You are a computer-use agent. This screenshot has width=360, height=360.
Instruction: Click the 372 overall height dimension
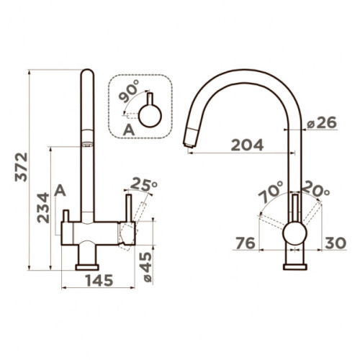pos(22,167)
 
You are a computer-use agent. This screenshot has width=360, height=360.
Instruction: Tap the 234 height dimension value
pos(43,207)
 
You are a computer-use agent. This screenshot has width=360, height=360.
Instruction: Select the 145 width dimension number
pos(99,280)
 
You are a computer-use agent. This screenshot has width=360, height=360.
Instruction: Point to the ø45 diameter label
pos(145,267)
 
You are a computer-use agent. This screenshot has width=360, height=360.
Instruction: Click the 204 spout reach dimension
pos(247,145)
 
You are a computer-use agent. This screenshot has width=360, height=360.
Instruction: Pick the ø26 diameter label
pos(322,123)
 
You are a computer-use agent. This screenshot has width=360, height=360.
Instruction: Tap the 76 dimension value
pos(246,243)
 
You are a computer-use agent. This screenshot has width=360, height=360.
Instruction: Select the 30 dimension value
pos(336,243)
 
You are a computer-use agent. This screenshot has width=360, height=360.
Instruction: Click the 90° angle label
pos(129,91)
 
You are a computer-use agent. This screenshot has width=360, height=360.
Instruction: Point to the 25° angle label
pos(144,185)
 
